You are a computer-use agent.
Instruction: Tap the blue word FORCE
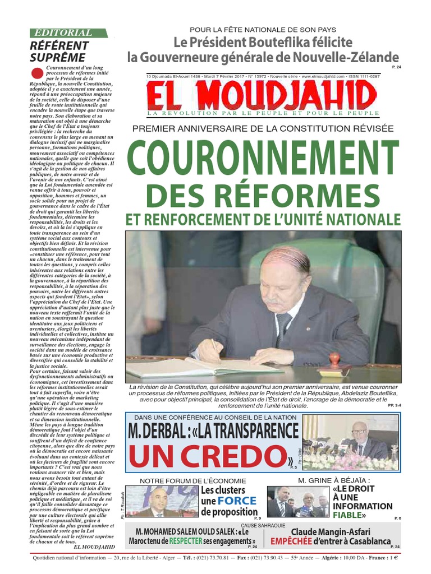[x=237, y=501]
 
